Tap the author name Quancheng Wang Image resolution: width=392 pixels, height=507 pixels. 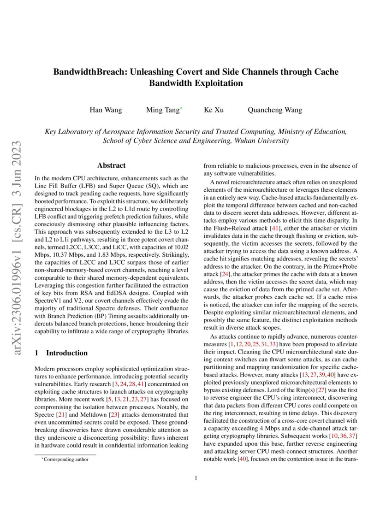pyautogui.click(x=275, y=110)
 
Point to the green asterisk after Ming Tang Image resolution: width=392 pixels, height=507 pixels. pyautogui.click(x=181, y=108)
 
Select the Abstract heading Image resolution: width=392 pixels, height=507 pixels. pyautogui.click(x=111, y=165)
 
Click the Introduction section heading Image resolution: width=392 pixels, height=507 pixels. pyautogui.click(x=67, y=353)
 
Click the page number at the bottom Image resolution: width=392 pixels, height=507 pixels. pyautogui.click(x=196, y=478)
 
